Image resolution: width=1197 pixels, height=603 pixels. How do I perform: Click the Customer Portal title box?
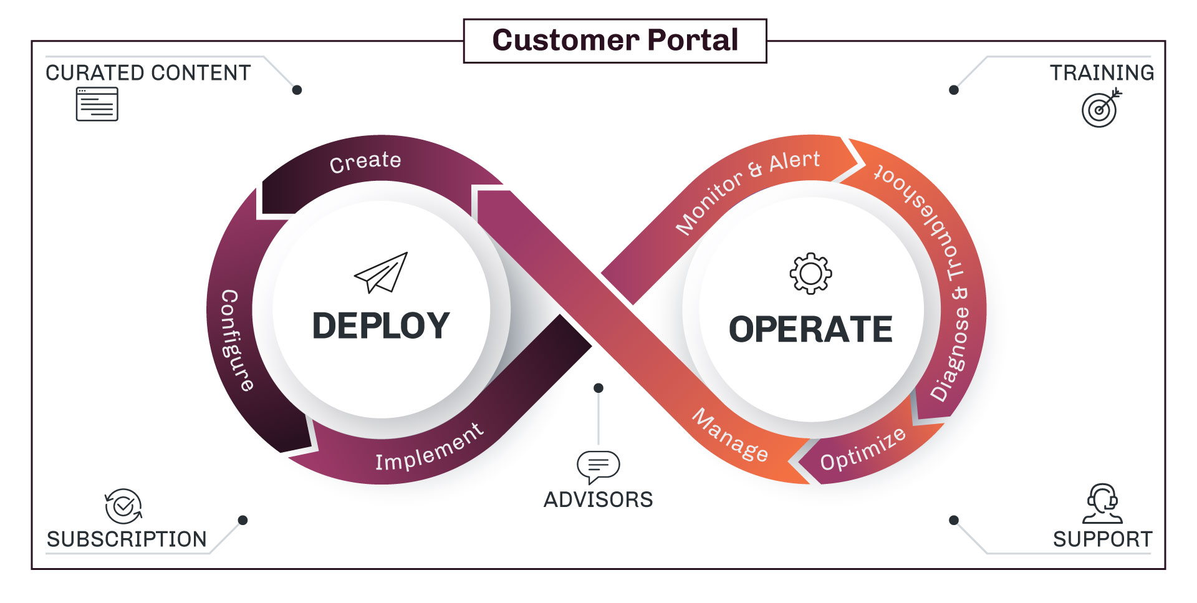pos(615,41)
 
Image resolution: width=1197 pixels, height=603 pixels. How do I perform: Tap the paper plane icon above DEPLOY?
pos(382,273)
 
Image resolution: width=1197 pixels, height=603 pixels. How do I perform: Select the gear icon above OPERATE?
pos(810,273)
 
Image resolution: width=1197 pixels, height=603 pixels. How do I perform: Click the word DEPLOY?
pos(381,326)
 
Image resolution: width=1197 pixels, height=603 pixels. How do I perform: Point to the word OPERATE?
pos(810,329)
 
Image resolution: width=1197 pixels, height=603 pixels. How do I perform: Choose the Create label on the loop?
pos(365,162)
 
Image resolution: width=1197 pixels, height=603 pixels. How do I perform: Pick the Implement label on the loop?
pos(429,447)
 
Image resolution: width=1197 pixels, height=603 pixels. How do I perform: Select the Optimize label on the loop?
pos(862,450)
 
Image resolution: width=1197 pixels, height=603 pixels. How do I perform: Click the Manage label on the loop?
pos(730,435)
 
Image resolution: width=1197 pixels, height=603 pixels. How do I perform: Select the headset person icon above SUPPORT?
pos(1102,503)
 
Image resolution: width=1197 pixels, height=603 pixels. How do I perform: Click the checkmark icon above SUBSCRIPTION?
pos(123,506)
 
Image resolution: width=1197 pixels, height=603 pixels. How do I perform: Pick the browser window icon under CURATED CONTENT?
pos(97,104)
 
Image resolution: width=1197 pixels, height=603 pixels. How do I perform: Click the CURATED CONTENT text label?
pos(148,73)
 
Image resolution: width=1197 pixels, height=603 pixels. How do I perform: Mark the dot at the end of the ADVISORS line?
pos(598,388)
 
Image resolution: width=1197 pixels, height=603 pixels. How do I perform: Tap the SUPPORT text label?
pos(1102,539)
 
